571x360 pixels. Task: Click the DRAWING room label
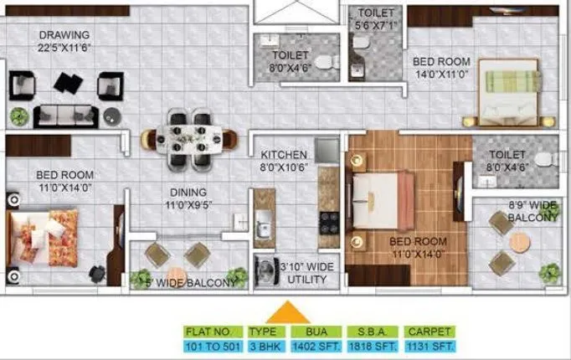pyautogui.click(x=64, y=35)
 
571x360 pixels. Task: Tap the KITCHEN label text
pyautogui.click(x=284, y=156)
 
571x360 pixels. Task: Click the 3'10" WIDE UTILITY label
pyautogui.click(x=307, y=273)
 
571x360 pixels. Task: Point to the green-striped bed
pyautogui.click(x=513, y=91)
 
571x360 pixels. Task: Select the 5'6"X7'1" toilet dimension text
pyautogui.click(x=375, y=25)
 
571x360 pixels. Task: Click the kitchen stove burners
pyautogui.click(x=328, y=223)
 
